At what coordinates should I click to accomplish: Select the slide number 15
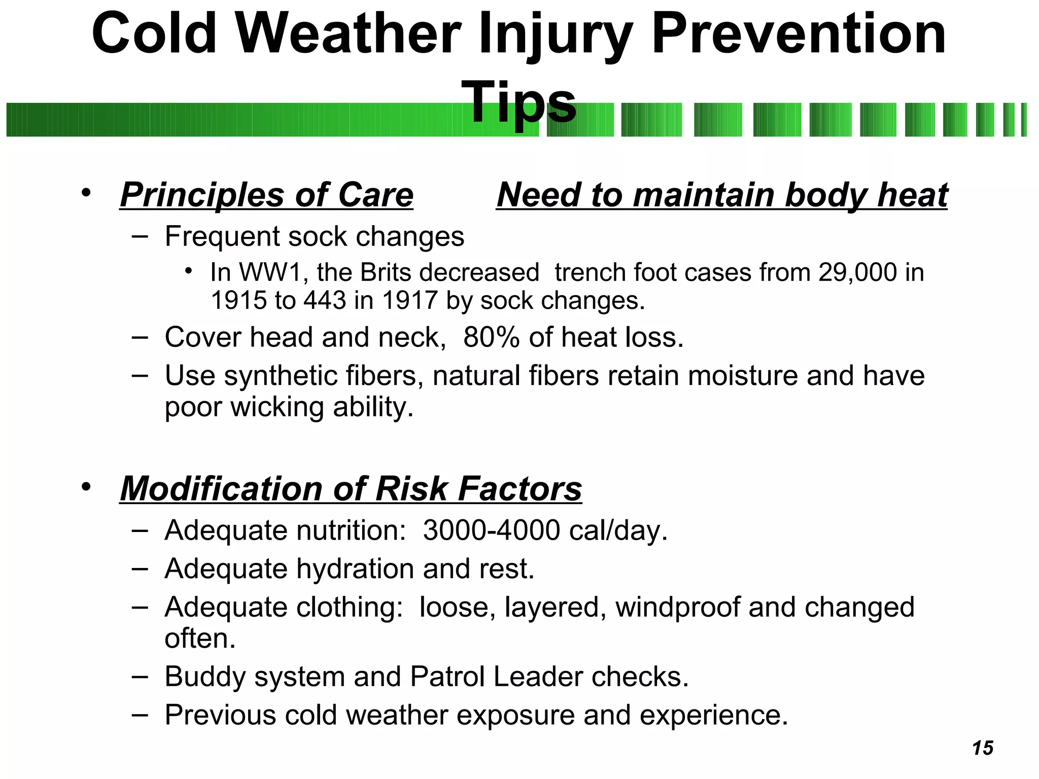[x=982, y=748]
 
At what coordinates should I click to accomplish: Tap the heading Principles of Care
[x=267, y=195]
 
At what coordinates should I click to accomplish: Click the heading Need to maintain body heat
[x=722, y=195]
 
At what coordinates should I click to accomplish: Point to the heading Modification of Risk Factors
[x=351, y=489]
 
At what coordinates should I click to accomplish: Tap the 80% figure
[x=491, y=338]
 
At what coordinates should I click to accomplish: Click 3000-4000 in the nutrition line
[x=491, y=530]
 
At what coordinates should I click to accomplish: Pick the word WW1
[x=270, y=272]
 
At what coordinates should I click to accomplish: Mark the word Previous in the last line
[x=220, y=715]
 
